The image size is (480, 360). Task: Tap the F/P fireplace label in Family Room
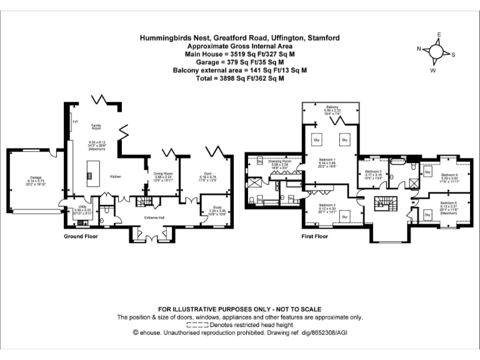pyautogui.click(x=75, y=121)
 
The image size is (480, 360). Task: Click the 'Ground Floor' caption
pyautogui.click(x=81, y=237)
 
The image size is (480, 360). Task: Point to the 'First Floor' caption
pyautogui.click(x=315, y=237)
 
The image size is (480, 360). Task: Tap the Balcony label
pyautogui.click(x=331, y=107)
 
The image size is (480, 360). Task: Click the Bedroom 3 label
pyautogui.click(x=372, y=171)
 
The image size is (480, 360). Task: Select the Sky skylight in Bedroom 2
pyautogui.click(x=345, y=216)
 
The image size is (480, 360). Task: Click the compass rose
pyautogui.click(x=436, y=51)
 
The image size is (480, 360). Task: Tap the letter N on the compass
pyautogui.click(x=419, y=49)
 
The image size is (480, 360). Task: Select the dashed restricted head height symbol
pyautogui.click(x=197, y=325)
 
